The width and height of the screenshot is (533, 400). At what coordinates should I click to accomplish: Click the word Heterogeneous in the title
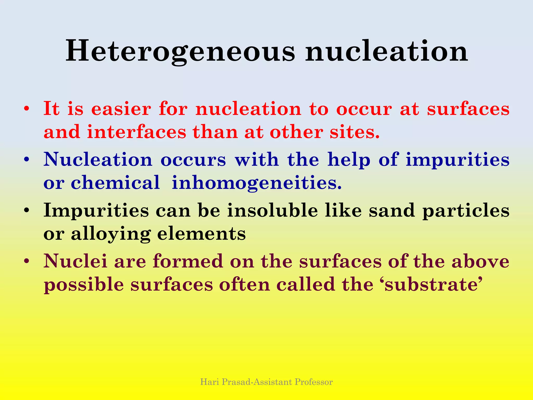[x=180, y=51]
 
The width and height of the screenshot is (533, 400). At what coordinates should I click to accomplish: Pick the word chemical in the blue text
[x=115, y=183]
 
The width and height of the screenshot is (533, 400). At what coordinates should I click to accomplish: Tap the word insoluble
[x=272, y=210]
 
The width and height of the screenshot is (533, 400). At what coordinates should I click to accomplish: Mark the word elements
[x=201, y=234]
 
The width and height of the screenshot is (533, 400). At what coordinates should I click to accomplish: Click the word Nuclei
[x=75, y=261]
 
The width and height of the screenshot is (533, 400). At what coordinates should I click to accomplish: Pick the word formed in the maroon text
[x=188, y=261]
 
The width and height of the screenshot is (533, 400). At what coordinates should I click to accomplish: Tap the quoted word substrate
[x=432, y=284]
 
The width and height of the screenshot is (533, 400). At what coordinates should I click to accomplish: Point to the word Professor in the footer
[x=314, y=382]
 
